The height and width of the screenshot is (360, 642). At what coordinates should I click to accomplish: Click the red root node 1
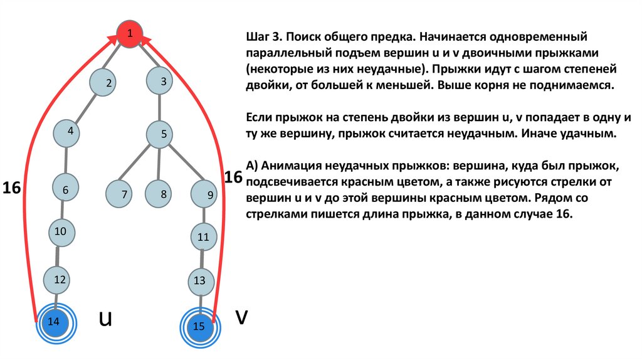(x=130, y=34)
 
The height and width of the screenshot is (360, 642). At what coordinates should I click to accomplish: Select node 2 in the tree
(x=105, y=83)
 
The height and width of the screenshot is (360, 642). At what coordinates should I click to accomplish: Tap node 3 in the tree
(x=162, y=82)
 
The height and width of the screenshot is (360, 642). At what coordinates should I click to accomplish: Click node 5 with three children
(x=162, y=134)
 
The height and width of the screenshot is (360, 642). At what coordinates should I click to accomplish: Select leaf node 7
(x=120, y=194)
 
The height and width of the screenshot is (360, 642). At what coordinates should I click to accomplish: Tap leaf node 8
(x=161, y=194)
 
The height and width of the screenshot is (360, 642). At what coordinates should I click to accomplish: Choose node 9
(x=206, y=194)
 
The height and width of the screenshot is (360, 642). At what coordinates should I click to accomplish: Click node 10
(x=61, y=233)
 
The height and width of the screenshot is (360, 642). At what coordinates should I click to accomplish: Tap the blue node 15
(x=199, y=326)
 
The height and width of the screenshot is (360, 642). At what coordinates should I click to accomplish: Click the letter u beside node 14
(x=105, y=320)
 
